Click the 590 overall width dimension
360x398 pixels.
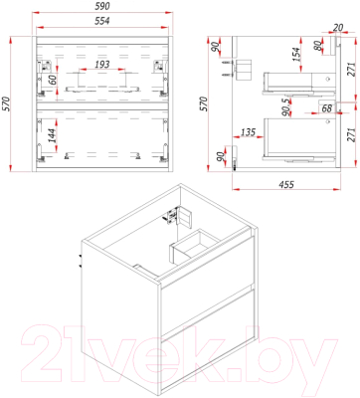(102, 6)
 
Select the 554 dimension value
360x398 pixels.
(102, 21)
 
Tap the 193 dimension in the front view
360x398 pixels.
(102, 64)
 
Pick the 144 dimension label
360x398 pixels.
(53, 135)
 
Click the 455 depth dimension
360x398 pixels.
(286, 183)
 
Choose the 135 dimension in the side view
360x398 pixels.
(248, 132)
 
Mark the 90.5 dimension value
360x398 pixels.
(286, 106)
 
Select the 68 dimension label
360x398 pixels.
(326, 108)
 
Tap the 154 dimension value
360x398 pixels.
(295, 55)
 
